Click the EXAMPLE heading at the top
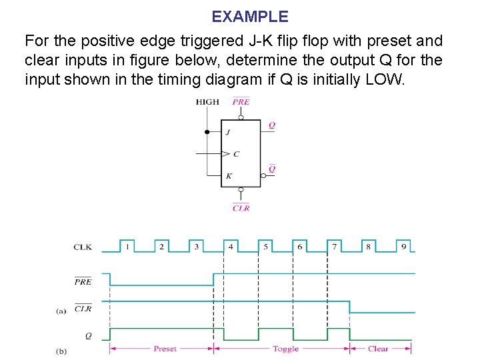pos(250,16)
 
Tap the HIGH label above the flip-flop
pos(207,102)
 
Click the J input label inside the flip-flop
pos(228,132)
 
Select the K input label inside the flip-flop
pos(229,176)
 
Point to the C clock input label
pos(236,154)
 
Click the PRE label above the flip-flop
pos(241,102)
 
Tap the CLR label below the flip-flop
pos(241,208)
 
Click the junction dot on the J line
pos(207,132)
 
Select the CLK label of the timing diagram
pos(83,247)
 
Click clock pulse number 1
pos(127,247)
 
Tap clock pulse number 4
pos(231,247)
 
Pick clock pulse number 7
pos(335,247)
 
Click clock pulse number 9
pos(403,247)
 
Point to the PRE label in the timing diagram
pos(83,281)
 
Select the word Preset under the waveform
pos(165,349)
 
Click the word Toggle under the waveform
pos(285,349)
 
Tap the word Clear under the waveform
pos(378,349)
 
